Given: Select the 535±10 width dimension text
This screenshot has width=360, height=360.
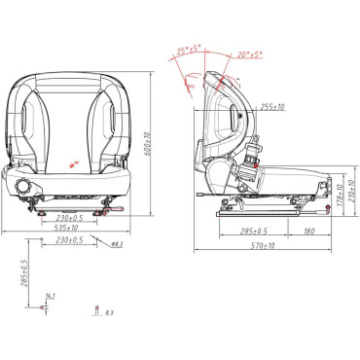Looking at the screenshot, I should (67, 228).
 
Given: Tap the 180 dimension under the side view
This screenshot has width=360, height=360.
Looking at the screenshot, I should (308, 232).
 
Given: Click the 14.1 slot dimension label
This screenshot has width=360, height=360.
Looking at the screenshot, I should (51, 296).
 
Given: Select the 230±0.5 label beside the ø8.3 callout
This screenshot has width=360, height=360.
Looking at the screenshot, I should (68, 240).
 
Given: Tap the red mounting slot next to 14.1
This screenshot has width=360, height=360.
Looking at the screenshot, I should (46, 308).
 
